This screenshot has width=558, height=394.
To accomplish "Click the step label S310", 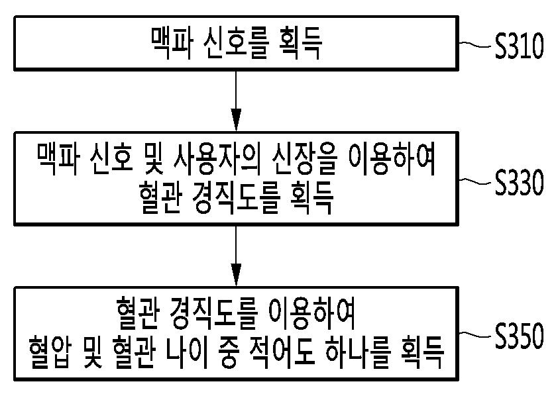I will tap(519, 48).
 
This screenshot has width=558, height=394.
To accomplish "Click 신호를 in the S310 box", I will tap(243, 44).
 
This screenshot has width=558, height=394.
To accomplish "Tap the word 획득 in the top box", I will tap(305, 44).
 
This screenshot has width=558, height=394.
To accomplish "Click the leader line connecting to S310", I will tap(476, 46).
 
